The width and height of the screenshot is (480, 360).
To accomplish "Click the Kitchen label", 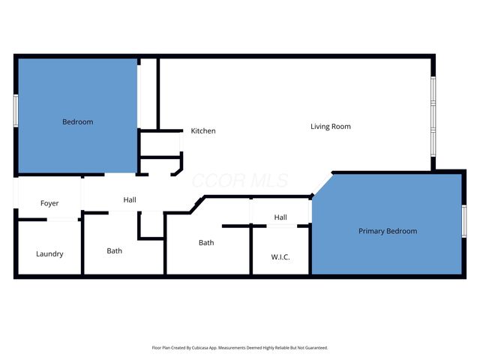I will (x=202, y=131).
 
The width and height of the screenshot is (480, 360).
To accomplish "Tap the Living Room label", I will (x=331, y=127).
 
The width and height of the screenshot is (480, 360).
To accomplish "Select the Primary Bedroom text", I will (x=387, y=231).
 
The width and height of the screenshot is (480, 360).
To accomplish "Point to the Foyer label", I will (x=49, y=203).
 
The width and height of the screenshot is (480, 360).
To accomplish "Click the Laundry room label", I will (x=49, y=253).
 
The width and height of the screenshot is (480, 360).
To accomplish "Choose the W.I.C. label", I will (x=280, y=257).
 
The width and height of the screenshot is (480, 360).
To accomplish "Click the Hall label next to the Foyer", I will (x=130, y=199).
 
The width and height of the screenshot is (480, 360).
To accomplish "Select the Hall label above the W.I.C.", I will (x=280, y=217).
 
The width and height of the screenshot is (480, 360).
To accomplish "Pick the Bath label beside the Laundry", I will (x=115, y=250).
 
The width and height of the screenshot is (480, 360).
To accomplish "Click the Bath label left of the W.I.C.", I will (x=206, y=242).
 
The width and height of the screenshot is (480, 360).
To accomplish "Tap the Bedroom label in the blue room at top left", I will (x=77, y=121).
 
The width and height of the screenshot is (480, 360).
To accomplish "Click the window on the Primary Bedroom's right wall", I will (x=463, y=221).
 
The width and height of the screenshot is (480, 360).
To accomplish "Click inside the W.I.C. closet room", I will (x=280, y=244).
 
